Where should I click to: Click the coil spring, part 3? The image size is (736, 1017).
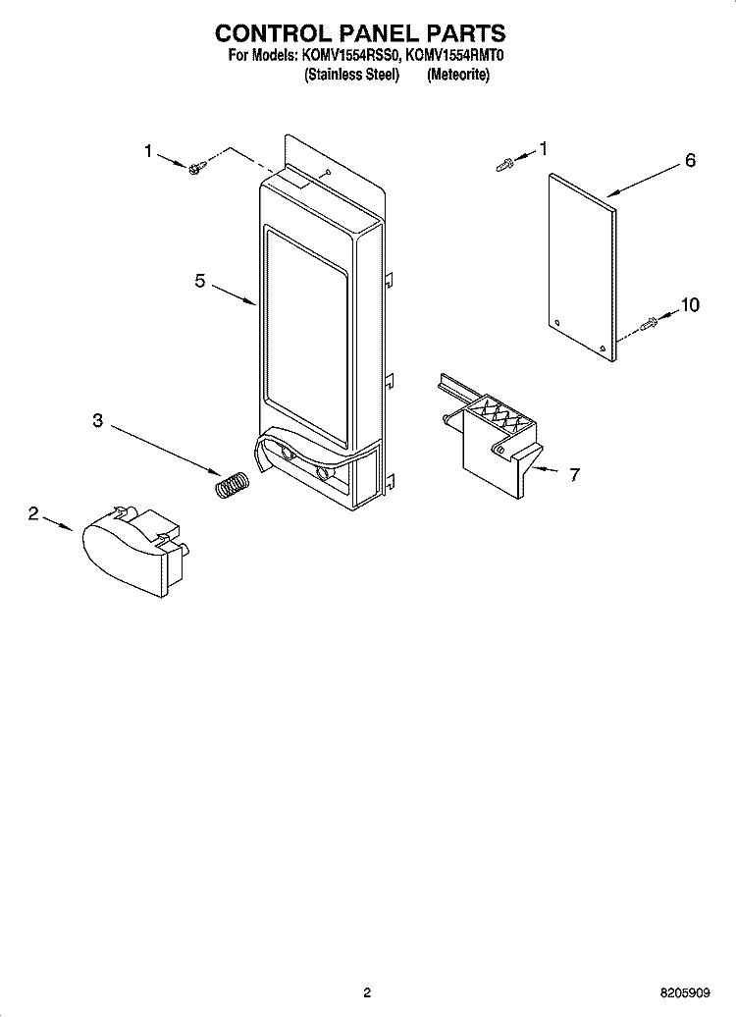233,484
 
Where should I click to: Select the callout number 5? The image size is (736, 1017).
200,281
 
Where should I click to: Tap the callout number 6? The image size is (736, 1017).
690,160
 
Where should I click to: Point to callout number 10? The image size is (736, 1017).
689,304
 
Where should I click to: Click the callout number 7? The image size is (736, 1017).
574,474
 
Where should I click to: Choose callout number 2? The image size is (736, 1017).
33,513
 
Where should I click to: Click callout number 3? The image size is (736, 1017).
97,421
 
